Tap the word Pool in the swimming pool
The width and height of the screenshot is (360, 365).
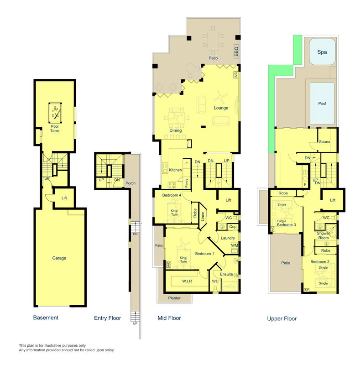click(x=322, y=104)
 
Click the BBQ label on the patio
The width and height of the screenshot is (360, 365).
click(x=236, y=50)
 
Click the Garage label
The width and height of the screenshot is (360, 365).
click(x=59, y=258)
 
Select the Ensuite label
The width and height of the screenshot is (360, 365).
click(x=227, y=274)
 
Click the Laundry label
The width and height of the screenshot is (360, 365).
click(x=227, y=238)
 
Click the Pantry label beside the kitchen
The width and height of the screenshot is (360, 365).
click(x=187, y=182)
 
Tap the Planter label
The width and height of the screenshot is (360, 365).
click(x=174, y=298)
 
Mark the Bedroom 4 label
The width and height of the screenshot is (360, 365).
click(x=172, y=195)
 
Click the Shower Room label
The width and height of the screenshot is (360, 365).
click(x=323, y=236)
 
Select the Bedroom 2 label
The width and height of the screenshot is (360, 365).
click(x=320, y=261)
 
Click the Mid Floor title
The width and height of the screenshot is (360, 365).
click(x=169, y=318)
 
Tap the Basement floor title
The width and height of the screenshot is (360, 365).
click(x=46, y=317)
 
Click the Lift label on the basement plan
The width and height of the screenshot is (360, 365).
click(x=64, y=198)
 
